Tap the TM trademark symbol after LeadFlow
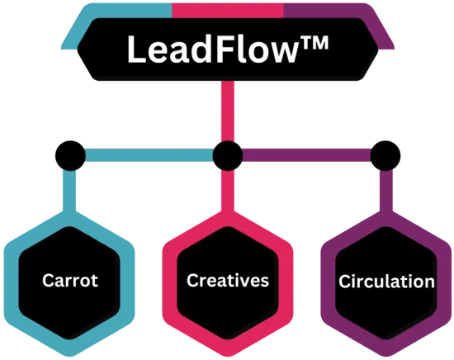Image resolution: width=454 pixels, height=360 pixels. [314, 43]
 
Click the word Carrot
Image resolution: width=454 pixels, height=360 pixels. [70, 281]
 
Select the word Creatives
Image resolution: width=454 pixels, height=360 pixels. [228, 281]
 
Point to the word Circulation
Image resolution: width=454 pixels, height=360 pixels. [386, 282]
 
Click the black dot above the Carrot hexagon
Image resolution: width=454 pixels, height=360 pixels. [70, 156]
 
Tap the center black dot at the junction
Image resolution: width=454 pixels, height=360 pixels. [228, 156]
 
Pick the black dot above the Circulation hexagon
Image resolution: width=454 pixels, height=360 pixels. [385, 156]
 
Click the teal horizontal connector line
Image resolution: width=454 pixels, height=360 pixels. [149, 155]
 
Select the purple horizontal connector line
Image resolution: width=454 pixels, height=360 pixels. [306, 155]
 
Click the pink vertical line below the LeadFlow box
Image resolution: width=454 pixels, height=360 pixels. [228, 111]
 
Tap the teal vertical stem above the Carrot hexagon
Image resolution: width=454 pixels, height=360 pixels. [69, 192]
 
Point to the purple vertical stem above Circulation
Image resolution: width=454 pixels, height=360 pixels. [386, 192]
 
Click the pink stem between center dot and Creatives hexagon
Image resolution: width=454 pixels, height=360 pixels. [228, 192]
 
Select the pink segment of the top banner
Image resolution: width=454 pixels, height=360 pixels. [228, 11]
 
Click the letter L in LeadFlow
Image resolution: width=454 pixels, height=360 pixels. [137, 50]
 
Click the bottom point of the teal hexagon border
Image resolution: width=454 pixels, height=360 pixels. [69, 356]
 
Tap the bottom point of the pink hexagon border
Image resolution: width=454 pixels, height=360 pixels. [228, 356]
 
